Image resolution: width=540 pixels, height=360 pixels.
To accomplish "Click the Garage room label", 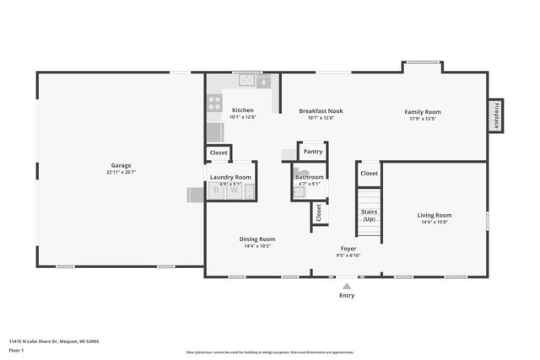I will tap(121, 165).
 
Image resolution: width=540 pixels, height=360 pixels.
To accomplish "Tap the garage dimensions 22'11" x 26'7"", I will tap(121, 172).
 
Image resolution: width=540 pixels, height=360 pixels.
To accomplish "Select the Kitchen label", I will tap(243, 110).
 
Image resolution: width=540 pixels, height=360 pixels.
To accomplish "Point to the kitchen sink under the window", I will tap(247, 82).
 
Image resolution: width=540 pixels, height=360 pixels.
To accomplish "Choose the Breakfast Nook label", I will tap(321, 110).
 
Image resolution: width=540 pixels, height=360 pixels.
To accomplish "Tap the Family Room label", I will tap(422, 111).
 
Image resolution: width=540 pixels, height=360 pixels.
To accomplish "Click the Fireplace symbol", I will tap(496, 115).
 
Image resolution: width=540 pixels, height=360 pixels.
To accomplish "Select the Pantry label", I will tap(313, 152).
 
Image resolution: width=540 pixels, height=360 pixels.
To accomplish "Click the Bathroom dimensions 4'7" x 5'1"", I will tap(309, 184).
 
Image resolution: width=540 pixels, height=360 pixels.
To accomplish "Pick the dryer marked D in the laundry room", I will tap(216, 191).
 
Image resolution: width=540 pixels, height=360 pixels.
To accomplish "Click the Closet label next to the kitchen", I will tap(219, 153).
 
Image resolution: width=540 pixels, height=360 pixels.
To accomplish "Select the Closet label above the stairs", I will tap(369, 173).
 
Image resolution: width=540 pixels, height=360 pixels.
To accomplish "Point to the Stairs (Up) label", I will tap(369, 215).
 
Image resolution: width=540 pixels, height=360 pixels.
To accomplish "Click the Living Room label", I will tap(435, 215).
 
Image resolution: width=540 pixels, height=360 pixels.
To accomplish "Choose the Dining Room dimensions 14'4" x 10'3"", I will tap(257, 246).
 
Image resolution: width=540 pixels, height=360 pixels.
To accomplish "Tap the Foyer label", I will tap(348, 249).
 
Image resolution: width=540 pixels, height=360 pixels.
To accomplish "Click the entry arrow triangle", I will tap(347, 287).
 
